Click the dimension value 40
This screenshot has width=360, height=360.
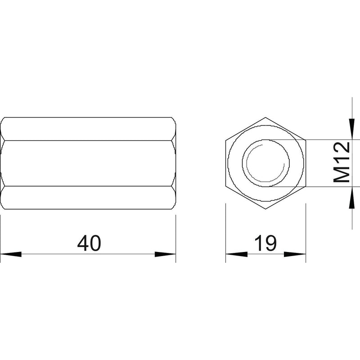click(x=89, y=243)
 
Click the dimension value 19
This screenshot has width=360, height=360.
click(x=265, y=243)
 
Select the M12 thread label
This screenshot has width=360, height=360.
click(x=342, y=162)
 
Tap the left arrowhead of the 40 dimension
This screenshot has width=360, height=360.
click(x=11, y=254)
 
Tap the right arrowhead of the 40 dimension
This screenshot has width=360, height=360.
click(x=165, y=254)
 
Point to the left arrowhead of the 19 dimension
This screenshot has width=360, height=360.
click(x=237, y=254)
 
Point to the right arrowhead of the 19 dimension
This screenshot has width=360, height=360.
click(x=295, y=254)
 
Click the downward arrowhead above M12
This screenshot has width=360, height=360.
click(x=352, y=129)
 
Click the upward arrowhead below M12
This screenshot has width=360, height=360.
click(x=352, y=198)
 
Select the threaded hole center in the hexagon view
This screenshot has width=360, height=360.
click(x=266, y=163)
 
